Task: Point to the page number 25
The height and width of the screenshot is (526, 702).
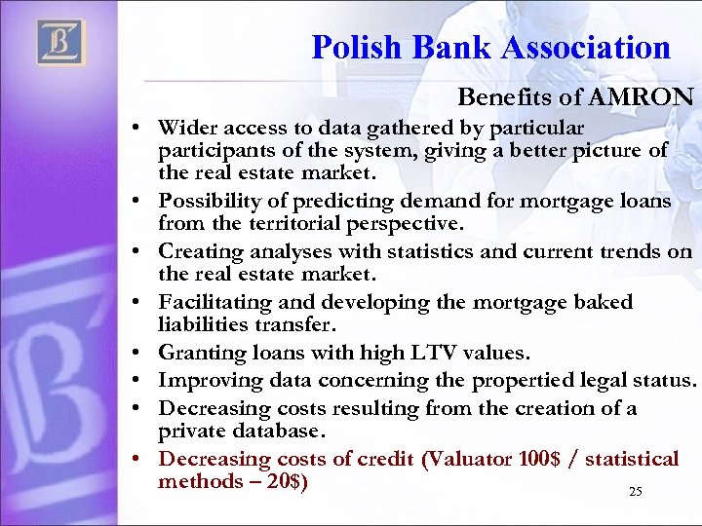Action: (x=636, y=492)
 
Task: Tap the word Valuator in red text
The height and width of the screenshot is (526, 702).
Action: (x=464, y=458)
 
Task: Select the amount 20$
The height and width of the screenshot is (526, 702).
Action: (x=288, y=481)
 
